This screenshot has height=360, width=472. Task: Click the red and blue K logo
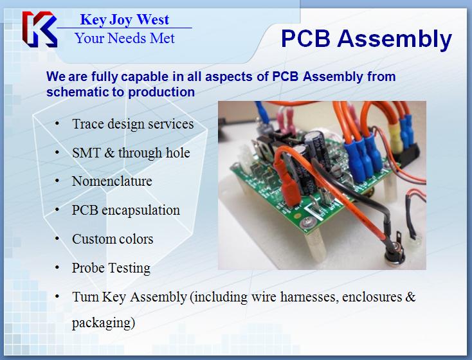39,29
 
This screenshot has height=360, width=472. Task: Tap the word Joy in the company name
121,20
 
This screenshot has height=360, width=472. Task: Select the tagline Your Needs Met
125,38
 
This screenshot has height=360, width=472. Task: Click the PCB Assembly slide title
367,39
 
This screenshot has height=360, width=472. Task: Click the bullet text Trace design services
132,123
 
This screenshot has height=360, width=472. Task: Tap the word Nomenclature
112,181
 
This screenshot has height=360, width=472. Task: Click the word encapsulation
141,210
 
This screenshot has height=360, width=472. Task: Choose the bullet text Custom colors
113,239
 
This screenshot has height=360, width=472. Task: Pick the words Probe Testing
111,268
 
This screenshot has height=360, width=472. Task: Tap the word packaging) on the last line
104,323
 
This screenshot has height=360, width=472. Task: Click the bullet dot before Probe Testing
57,267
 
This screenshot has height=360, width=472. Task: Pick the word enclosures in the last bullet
372,297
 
